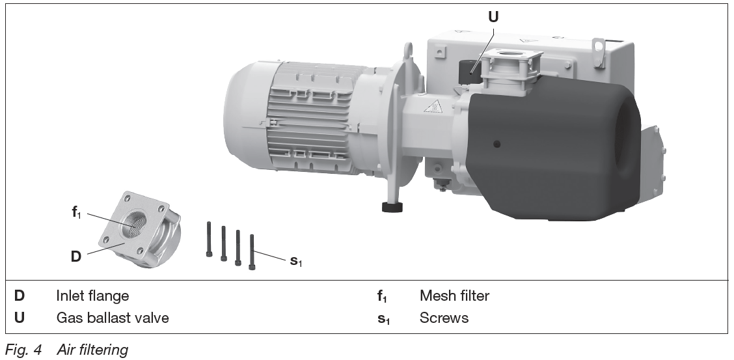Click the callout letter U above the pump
[493, 17]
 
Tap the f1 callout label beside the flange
[76, 212]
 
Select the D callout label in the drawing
[76, 256]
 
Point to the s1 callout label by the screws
[296, 261]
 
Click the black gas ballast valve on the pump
[468, 71]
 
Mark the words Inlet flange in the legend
[92, 296]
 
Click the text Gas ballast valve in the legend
[113, 318]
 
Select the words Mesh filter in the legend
[454, 296]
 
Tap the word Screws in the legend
[444, 318]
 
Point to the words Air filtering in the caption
[92, 350]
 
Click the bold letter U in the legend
[20, 318]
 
